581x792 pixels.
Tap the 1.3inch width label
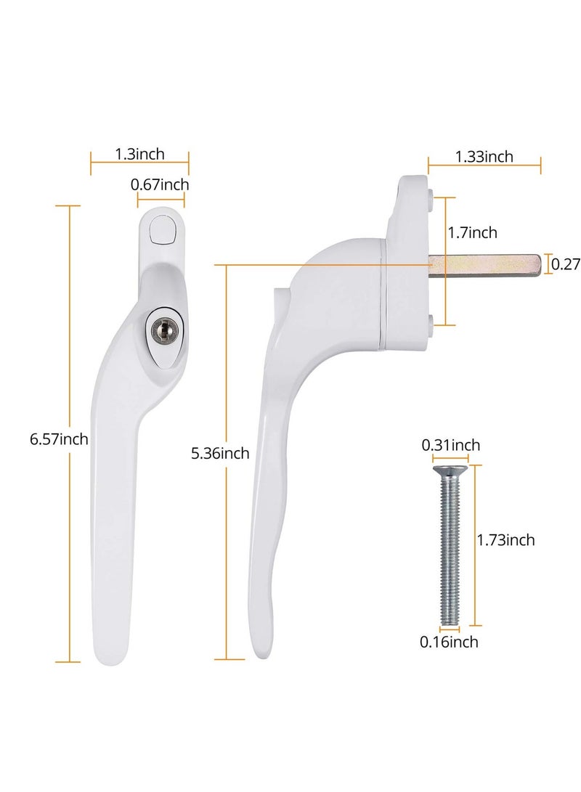[139, 153]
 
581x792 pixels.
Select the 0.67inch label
[159, 185]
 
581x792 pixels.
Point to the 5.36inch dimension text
[219, 454]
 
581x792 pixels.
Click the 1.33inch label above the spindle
[484, 156]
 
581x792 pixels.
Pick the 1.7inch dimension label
[472, 232]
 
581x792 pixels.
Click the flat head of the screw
[450, 471]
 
